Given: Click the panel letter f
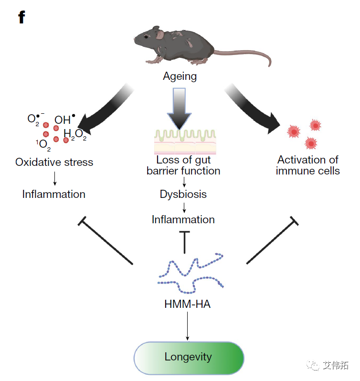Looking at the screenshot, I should [x=21, y=18].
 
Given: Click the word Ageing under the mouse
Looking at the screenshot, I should [x=180, y=76].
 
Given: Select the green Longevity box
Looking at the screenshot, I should [x=189, y=357].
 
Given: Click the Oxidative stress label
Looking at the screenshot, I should [x=54, y=162].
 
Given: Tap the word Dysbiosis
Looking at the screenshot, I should [x=183, y=195].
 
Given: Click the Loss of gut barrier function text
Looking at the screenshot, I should [x=183, y=165].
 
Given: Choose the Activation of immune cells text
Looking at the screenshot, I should [x=308, y=165].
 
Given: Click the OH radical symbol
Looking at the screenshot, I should [x=64, y=120].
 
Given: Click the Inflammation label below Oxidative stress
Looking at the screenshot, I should [x=53, y=194].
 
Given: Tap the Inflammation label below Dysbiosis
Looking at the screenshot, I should [x=183, y=219].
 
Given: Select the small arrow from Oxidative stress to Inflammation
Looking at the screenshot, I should [x=54, y=178].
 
